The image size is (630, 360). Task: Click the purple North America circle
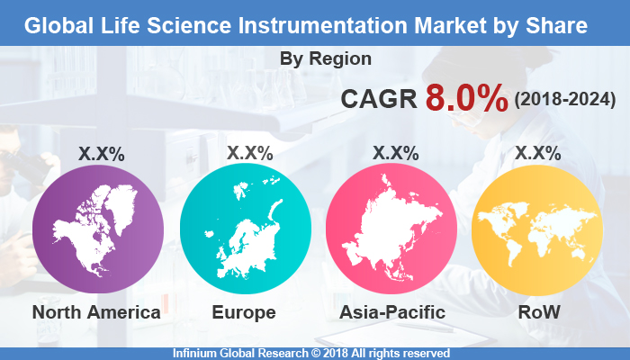98,230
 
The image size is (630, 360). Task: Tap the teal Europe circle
245,230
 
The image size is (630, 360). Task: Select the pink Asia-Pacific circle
391,230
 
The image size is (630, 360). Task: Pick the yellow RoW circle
537,230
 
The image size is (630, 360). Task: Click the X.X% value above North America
102,154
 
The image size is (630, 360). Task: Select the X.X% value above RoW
537,154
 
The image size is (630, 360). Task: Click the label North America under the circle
96,312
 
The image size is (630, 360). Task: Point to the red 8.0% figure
466,99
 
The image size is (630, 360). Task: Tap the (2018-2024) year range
564,100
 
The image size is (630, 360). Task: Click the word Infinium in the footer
197,353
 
